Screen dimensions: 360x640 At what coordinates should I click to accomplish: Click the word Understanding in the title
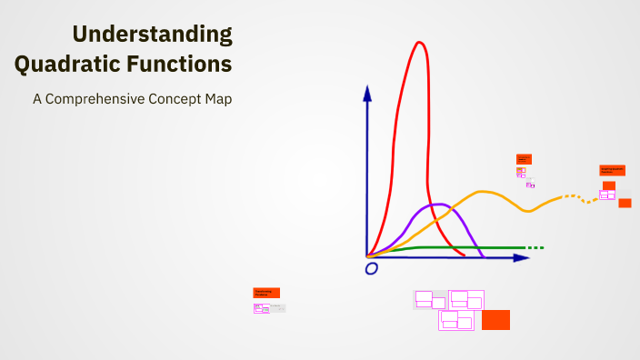[152, 35]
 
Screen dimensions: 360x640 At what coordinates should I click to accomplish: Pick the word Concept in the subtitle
[182, 99]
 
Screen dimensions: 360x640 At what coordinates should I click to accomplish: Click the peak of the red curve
[419, 43]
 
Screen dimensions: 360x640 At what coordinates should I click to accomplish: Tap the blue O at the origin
[371, 268]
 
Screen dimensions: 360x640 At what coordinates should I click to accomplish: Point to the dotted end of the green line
[535, 247]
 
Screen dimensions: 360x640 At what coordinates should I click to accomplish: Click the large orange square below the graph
[495, 319]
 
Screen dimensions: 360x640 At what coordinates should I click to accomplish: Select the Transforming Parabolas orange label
[266, 293]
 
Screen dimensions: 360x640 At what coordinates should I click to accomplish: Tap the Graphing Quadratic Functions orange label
[612, 170]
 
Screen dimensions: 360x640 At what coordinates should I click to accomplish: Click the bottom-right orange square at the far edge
[625, 203]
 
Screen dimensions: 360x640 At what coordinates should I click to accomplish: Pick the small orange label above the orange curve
[524, 159]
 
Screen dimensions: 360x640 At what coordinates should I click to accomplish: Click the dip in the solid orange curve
[528, 210]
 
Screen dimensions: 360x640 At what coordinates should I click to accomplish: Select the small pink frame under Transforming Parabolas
[261, 308]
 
